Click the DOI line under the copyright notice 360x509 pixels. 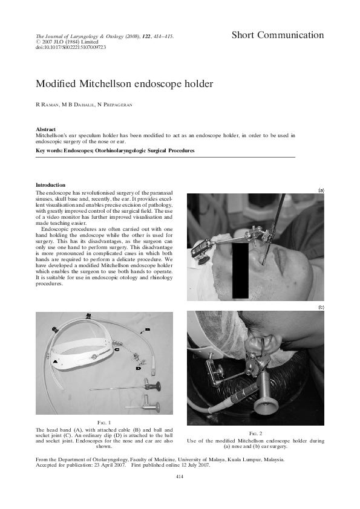coord(64,47)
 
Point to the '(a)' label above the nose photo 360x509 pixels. coord(321,190)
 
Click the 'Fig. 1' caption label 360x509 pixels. coord(105,421)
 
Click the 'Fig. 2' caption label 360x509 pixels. coord(256,433)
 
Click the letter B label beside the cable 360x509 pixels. coord(147,329)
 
